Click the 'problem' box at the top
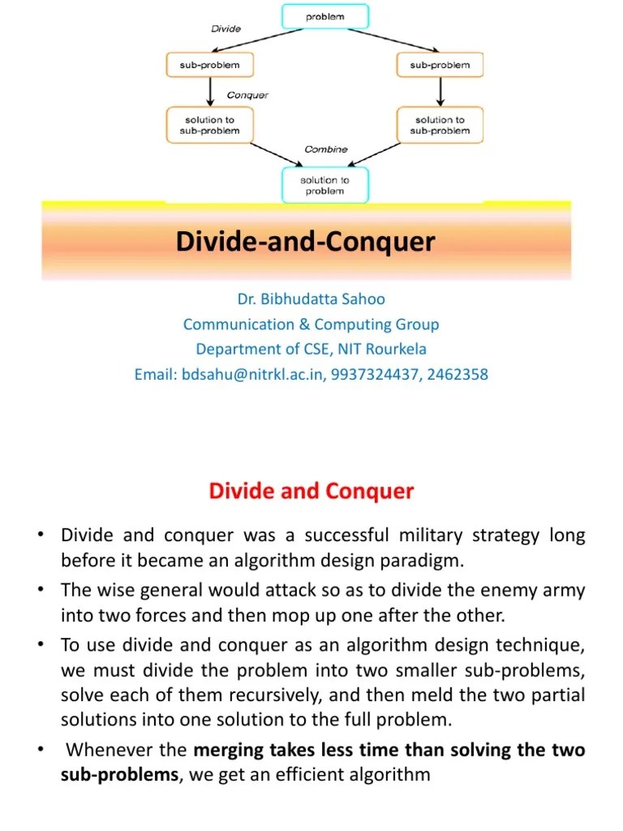coord(324,17)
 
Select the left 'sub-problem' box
coord(209,65)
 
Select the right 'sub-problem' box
coord(440,65)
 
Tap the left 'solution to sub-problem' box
coord(209,125)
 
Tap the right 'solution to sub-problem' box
coord(440,125)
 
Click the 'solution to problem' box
coord(324,185)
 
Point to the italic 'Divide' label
coord(226,28)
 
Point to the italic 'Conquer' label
coord(247,95)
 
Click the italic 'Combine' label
coord(325,149)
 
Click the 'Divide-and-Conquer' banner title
coord(306,242)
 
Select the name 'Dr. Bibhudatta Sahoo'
coord(311,299)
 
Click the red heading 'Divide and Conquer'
coord(311,491)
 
